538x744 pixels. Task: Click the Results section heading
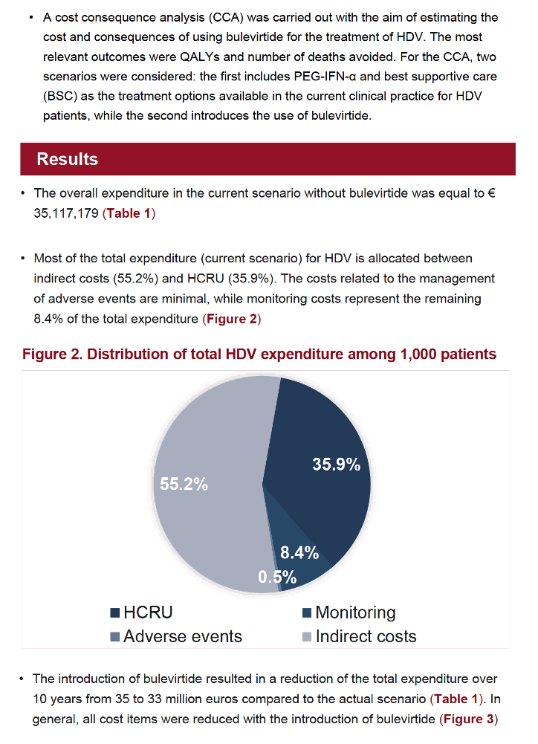coord(68,159)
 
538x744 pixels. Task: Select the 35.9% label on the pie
coord(336,464)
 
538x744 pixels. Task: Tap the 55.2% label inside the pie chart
coord(184,484)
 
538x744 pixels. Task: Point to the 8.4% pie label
coord(299,553)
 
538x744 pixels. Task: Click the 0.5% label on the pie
coord(277,577)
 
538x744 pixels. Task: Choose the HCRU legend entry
coord(141,612)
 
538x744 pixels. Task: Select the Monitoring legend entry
coord(349,612)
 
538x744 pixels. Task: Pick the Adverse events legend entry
coord(176,636)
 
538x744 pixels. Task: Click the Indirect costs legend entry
coord(359,636)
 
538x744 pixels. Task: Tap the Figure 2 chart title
coord(259,354)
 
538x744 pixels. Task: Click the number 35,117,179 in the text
coord(66,213)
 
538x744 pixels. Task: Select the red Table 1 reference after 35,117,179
coord(129,213)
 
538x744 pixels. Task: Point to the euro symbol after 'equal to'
coord(491,193)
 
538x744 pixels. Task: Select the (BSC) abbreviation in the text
coord(60,97)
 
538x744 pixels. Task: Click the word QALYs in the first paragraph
coord(200,57)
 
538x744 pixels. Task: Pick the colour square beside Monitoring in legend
coord(306,612)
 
